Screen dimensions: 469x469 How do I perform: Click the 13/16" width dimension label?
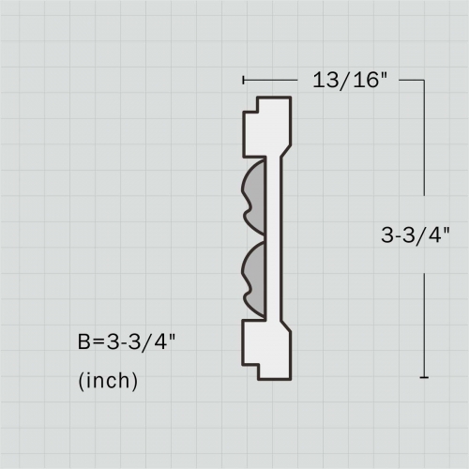tap(350, 80)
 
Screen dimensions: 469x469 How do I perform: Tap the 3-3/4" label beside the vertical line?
tap(416, 234)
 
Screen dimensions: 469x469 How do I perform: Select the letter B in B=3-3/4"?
tap(84, 341)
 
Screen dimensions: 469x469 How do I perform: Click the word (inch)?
tap(108, 381)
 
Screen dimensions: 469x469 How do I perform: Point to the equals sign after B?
tap(98, 341)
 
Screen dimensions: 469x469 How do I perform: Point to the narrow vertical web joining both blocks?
tap(273, 239)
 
